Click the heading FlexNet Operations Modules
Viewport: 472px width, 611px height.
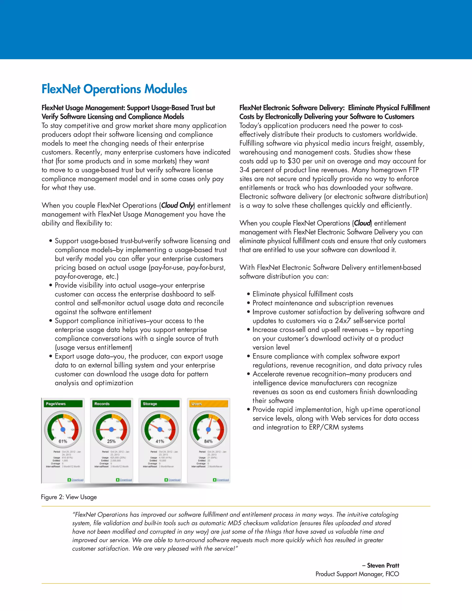pos(114,89)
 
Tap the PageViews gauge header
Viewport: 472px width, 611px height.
pos(63,404)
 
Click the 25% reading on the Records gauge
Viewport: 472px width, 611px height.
pos(111,441)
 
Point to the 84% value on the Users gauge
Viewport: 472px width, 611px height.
pos(208,441)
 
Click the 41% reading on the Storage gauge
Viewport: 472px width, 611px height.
pos(160,441)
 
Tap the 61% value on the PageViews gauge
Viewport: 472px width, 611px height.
pos(63,441)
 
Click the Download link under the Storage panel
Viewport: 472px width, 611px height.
pos(174,480)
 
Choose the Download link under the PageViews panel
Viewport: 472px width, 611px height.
pos(77,480)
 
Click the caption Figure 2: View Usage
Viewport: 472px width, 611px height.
pos(69,497)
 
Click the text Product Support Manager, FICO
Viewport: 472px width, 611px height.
pos(357,574)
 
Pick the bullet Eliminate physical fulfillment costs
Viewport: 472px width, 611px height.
pos(303,294)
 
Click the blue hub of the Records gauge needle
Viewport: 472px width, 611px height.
pos(111,429)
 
